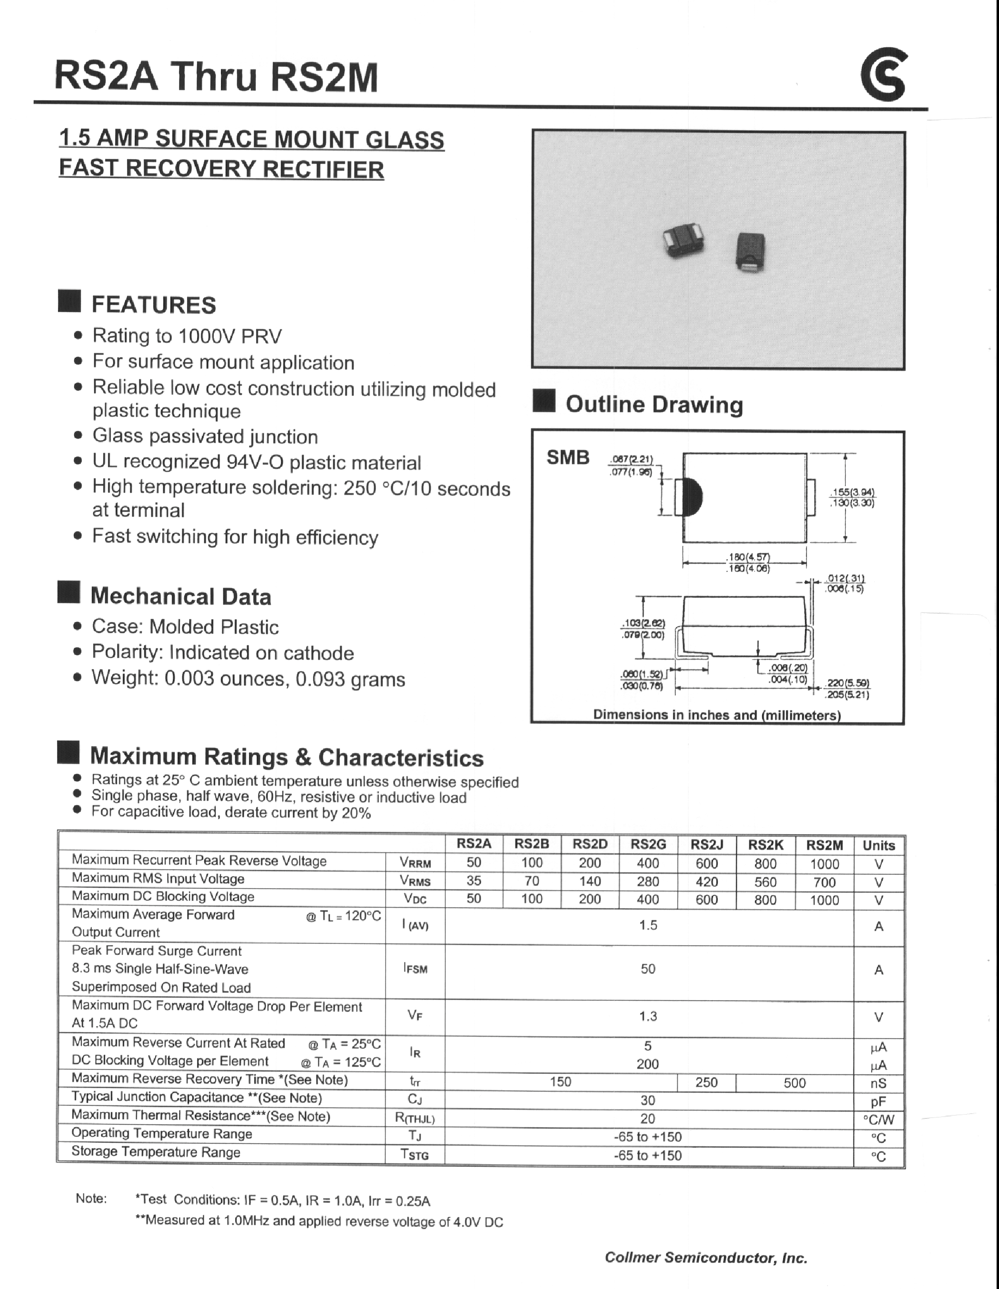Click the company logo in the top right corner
[883, 76]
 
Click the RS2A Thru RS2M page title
[216, 78]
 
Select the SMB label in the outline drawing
[568, 457]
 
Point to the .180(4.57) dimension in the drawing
[747, 557]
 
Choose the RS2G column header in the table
[648, 844]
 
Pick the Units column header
[878, 845]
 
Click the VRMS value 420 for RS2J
[706, 882]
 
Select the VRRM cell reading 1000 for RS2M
[824, 864]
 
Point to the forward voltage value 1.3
[648, 1016]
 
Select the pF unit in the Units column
[878, 1101]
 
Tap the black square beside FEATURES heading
[70, 302]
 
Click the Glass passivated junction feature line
[205, 437]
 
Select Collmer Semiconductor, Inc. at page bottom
[706, 1257]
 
